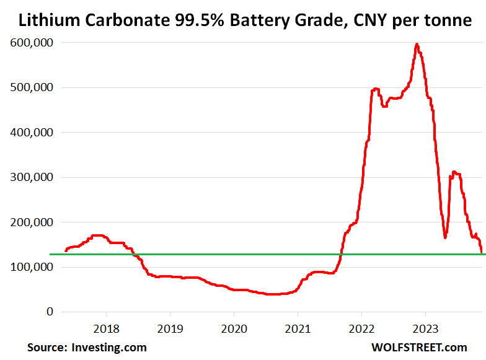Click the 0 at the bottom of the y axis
[49, 312]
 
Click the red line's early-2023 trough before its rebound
[445, 237]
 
